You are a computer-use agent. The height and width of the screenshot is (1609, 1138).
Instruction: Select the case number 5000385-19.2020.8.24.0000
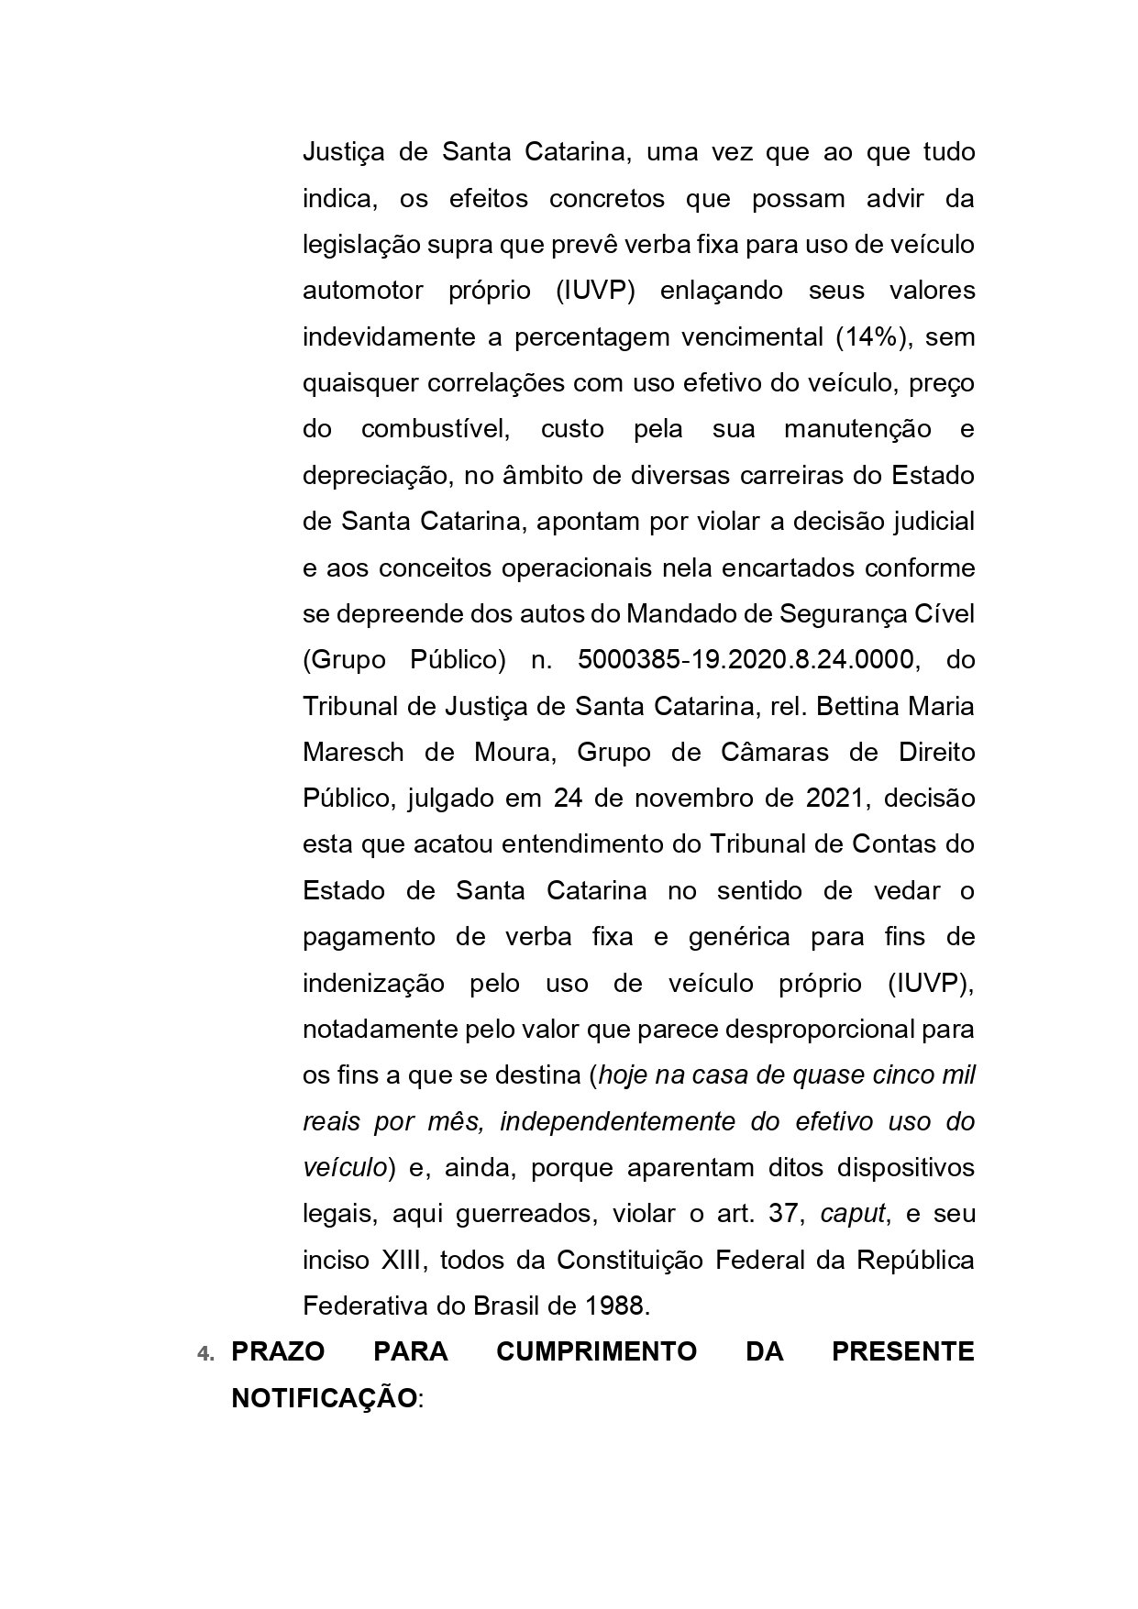(x=746, y=660)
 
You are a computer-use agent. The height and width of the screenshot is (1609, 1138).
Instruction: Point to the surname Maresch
(x=353, y=753)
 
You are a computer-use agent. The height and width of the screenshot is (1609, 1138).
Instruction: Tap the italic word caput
(x=852, y=1214)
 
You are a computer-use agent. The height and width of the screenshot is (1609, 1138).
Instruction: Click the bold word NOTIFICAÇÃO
(x=324, y=1399)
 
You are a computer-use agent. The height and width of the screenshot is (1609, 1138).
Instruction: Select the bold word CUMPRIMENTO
(x=596, y=1352)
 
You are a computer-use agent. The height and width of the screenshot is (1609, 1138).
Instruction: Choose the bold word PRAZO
(x=271, y=1352)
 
